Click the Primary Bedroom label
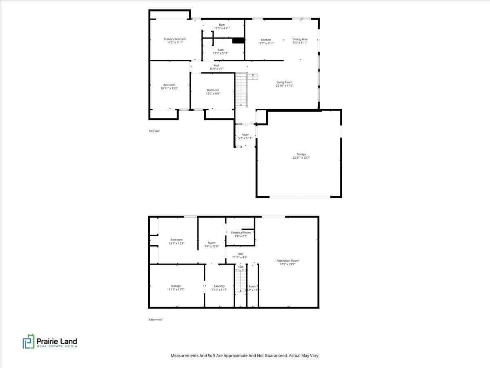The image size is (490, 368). click(x=175, y=39)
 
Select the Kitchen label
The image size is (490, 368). click(x=266, y=40)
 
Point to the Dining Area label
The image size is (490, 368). click(x=300, y=39)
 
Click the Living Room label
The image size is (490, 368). click(x=284, y=82)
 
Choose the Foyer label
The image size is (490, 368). click(x=245, y=135)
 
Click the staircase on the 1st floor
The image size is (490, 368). click(x=241, y=90)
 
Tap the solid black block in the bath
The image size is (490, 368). click(x=238, y=40)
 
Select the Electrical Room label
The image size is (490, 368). click(x=241, y=232)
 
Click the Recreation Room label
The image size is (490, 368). click(x=287, y=260)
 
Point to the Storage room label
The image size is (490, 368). click(x=176, y=286)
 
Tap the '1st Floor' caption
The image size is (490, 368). click(x=154, y=131)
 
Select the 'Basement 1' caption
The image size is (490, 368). click(x=156, y=319)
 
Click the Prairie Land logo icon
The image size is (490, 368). click(x=29, y=341)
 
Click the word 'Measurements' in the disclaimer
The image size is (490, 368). click(x=185, y=356)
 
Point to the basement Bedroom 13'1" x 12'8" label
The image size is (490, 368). click(x=176, y=240)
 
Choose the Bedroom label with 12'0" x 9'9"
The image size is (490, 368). click(x=212, y=90)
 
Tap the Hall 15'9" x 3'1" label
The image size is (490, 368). click(x=216, y=65)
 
